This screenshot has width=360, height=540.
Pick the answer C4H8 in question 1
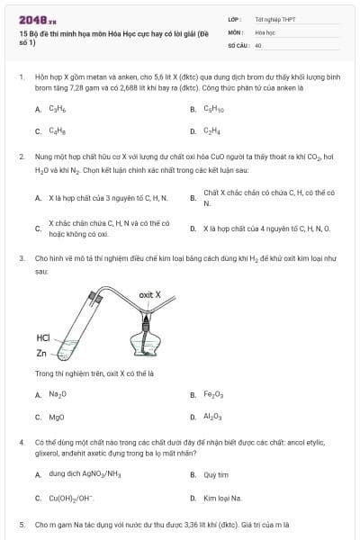(57, 131)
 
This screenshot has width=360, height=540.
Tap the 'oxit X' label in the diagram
(150, 294)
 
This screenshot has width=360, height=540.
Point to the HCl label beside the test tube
(43, 338)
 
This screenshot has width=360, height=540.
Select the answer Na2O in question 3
(58, 394)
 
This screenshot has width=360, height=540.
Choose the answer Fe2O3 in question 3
(213, 394)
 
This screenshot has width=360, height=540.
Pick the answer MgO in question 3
(57, 417)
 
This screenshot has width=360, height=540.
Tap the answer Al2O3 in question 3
(212, 417)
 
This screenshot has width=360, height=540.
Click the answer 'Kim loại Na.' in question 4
(220, 498)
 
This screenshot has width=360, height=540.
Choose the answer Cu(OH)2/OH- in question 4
(72, 498)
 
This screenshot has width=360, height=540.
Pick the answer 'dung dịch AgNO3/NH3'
(85, 473)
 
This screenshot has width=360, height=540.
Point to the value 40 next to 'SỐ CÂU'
(258, 44)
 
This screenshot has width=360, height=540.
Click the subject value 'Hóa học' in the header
(265, 31)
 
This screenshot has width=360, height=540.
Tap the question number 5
(21, 523)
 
